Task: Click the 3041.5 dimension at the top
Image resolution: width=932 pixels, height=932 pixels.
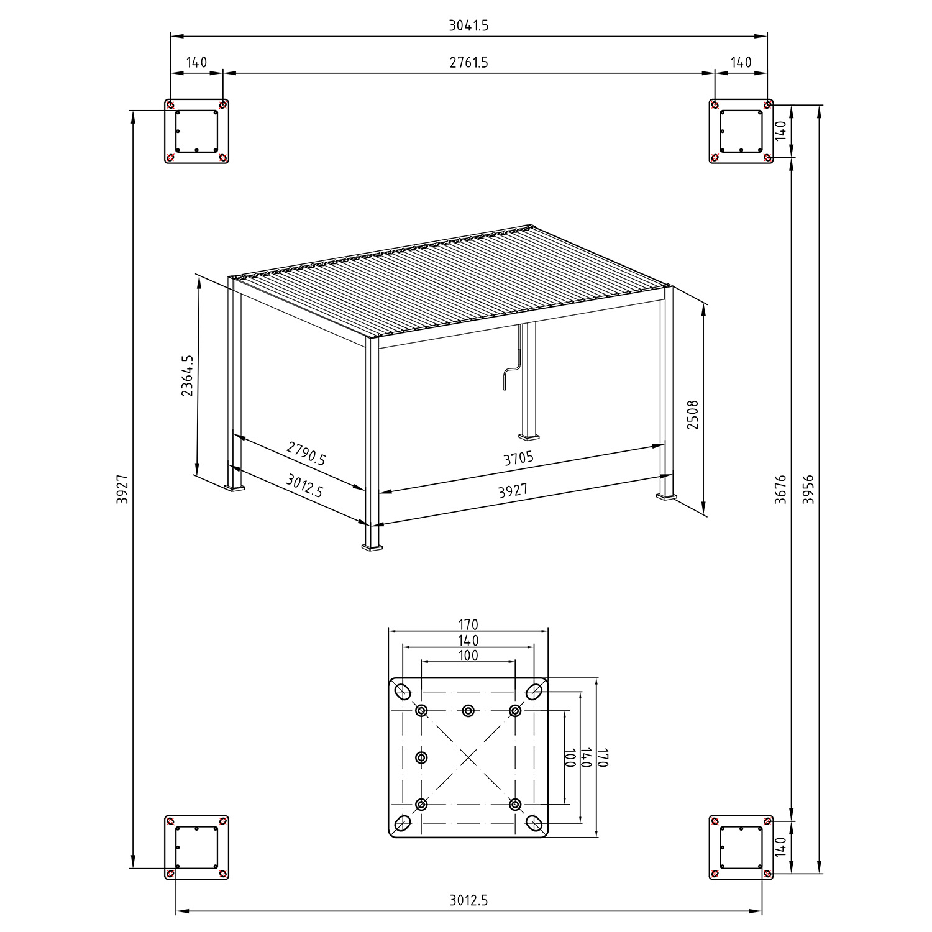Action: coord(468,25)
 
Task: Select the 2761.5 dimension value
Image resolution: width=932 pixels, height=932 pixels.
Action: coord(468,63)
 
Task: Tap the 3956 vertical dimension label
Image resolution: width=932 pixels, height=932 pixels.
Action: coord(808,489)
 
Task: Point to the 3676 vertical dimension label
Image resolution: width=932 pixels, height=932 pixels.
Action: coord(781,489)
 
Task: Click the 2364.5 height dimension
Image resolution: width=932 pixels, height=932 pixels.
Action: coord(187,375)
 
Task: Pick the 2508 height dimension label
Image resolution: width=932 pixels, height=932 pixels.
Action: coord(693,414)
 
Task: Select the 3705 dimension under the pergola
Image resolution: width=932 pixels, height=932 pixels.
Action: coord(519,459)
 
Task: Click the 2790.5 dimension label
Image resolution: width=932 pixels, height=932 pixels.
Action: coord(306,454)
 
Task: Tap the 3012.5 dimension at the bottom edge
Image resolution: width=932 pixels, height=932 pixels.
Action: coord(468,900)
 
